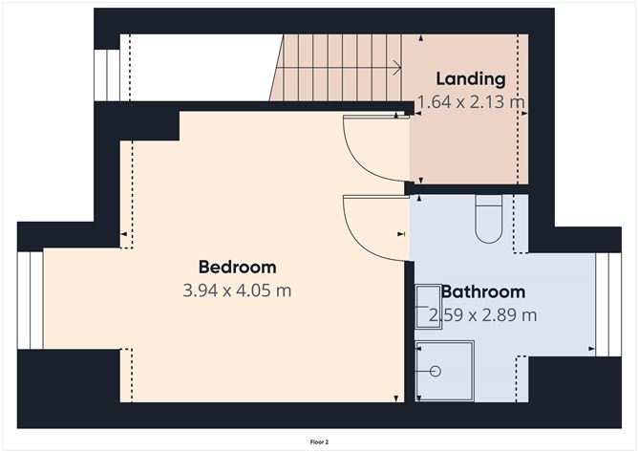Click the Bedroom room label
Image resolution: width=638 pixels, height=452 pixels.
[x=238, y=268]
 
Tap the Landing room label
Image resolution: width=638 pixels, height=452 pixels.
[x=471, y=79]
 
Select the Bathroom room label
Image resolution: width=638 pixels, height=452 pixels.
[x=483, y=292]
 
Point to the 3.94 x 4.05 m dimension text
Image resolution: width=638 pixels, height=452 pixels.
[x=237, y=291]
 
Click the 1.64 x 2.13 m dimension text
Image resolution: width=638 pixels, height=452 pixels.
[x=471, y=102]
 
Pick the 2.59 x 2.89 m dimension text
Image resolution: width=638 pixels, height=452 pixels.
[x=483, y=314]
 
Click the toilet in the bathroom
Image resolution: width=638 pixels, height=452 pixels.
[x=489, y=219]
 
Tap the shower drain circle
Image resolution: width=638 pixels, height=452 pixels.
[x=436, y=371]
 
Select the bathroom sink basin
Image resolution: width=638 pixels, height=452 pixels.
[x=429, y=306]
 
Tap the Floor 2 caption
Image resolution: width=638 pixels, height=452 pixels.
[x=319, y=441]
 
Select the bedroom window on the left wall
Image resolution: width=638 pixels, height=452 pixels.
[x=31, y=300]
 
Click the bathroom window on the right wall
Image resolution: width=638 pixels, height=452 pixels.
[x=608, y=305]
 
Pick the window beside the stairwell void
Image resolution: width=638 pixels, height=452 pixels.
[x=107, y=75]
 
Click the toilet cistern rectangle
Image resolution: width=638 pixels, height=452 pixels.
[x=489, y=200]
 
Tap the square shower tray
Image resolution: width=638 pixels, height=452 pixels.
[x=445, y=371]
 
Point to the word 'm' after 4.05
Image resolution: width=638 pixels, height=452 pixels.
[x=284, y=291]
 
